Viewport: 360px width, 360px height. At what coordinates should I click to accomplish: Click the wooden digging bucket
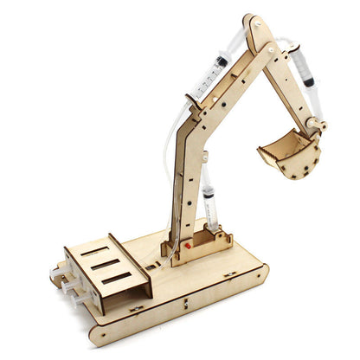point(290,153)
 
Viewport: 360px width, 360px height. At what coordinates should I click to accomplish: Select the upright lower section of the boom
point(186,182)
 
